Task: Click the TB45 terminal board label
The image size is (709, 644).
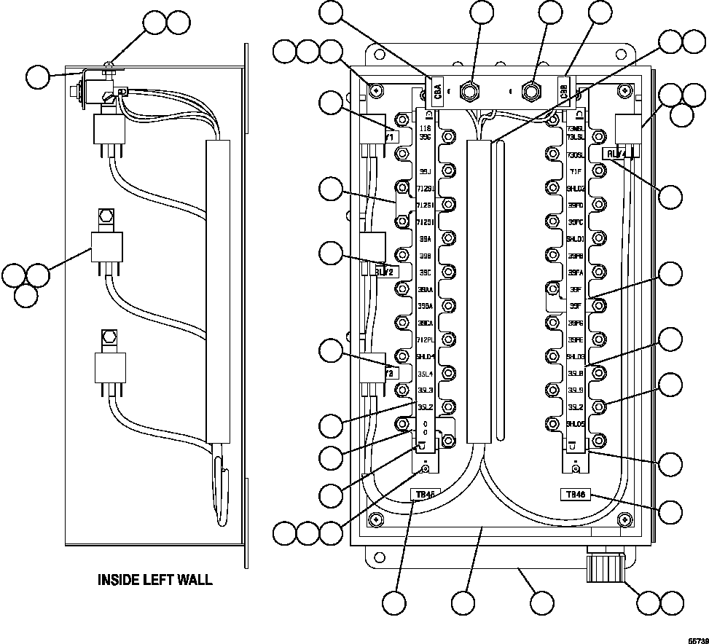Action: click(x=425, y=495)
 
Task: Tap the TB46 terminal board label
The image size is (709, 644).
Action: click(x=575, y=495)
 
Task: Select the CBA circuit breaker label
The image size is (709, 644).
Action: click(x=438, y=90)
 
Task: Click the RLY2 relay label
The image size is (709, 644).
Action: click(x=385, y=272)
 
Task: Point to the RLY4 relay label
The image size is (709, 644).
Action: click(x=616, y=154)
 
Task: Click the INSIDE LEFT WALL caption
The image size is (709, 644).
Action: click(x=154, y=580)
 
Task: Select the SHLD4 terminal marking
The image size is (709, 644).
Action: click(x=425, y=357)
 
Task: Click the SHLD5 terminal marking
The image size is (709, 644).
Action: click(x=576, y=424)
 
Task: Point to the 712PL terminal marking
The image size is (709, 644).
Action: click(x=425, y=340)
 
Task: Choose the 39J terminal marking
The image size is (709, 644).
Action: click(x=425, y=172)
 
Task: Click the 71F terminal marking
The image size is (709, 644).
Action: click(x=576, y=172)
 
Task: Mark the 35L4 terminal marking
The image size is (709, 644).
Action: click(x=425, y=374)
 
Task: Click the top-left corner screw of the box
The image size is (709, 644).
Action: click(x=375, y=90)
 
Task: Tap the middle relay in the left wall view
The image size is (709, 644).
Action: click(x=106, y=246)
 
